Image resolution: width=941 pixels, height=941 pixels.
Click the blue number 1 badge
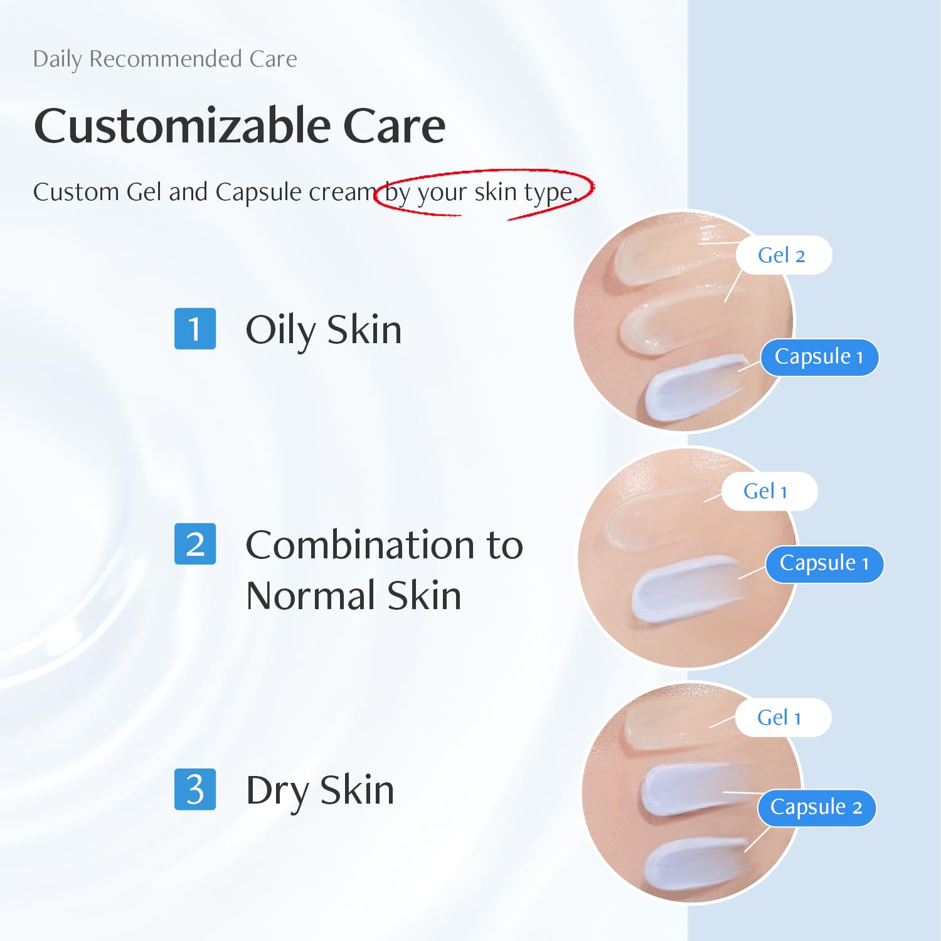click(x=195, y=328)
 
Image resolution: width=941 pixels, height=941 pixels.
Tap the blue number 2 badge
click(x=195, y=544)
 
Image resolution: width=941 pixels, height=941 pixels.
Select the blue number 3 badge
click(x=195, y=789)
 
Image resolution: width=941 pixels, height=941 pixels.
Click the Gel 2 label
click(x=783, y=255)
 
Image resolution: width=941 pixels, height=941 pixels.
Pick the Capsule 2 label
click(x=816, y=807)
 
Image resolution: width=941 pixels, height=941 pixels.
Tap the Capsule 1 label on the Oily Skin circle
click(x=819, y=357)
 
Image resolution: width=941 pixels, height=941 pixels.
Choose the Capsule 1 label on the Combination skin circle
click(x=824, y=563)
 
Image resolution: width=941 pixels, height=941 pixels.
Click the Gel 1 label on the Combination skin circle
click(x=768, y=491)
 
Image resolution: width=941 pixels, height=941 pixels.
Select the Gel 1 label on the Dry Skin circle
click(x=781, y=718)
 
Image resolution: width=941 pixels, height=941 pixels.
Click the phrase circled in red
click(x=481, y=192)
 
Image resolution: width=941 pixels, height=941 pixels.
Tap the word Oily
click(x=280, y=330)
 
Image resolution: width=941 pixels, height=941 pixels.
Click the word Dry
click(x=277, y=790)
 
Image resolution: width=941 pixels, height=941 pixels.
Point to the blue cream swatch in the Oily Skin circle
click(x=690, y=389)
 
